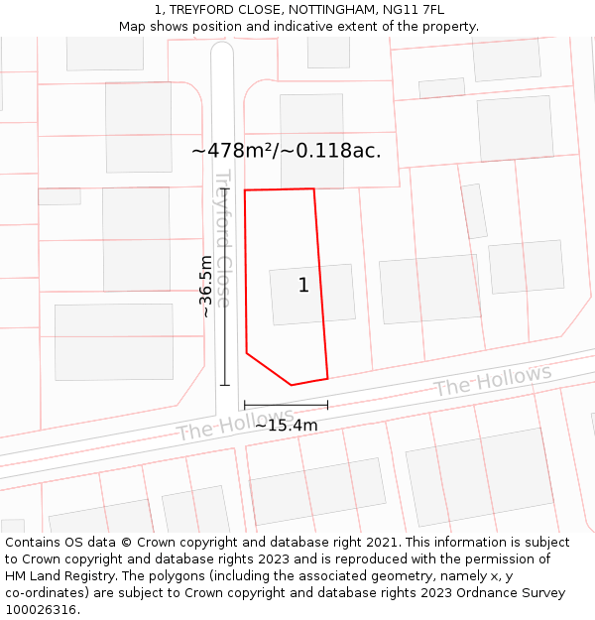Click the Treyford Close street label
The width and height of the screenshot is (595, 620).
click(224, 238)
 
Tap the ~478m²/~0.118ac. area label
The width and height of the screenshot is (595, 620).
click(286, 151)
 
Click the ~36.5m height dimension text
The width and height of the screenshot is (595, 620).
click(205, 286)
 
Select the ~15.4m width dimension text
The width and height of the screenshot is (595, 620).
click(287, 426)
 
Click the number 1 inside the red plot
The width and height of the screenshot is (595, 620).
click(303, 286)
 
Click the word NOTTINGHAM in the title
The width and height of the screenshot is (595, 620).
click(329, 10)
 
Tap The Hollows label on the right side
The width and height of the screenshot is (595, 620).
click(492, 380)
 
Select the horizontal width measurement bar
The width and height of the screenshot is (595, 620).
click(286, 405)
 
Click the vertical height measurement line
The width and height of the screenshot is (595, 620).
click(225, 286)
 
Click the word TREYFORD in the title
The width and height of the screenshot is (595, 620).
click(201, 10)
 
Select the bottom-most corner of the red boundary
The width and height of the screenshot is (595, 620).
click(292, 385)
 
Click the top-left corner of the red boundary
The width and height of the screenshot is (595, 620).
click(245, 189)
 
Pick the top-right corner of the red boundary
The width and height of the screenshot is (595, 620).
click(313, 188)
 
